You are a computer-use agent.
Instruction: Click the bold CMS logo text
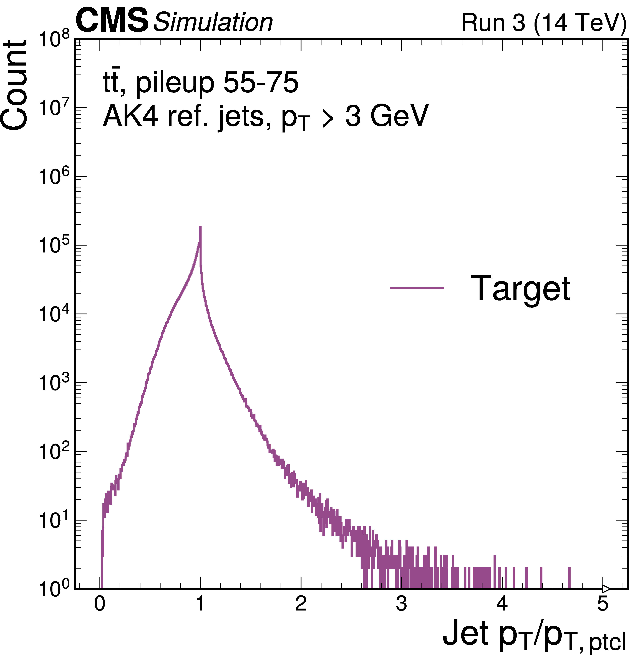point(112,21)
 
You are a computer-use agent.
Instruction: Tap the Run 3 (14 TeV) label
point(544,23)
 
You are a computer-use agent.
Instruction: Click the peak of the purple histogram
point(200,227)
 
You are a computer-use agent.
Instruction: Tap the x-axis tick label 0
point(100,604)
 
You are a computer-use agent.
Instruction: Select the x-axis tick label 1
point(200,604)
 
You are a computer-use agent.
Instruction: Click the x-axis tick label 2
point(301,604)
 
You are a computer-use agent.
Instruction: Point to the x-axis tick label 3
point(401,604)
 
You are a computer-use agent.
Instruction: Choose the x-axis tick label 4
point(502,604)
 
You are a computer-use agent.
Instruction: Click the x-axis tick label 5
point(603,604)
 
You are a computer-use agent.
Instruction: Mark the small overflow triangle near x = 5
point(606,589)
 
